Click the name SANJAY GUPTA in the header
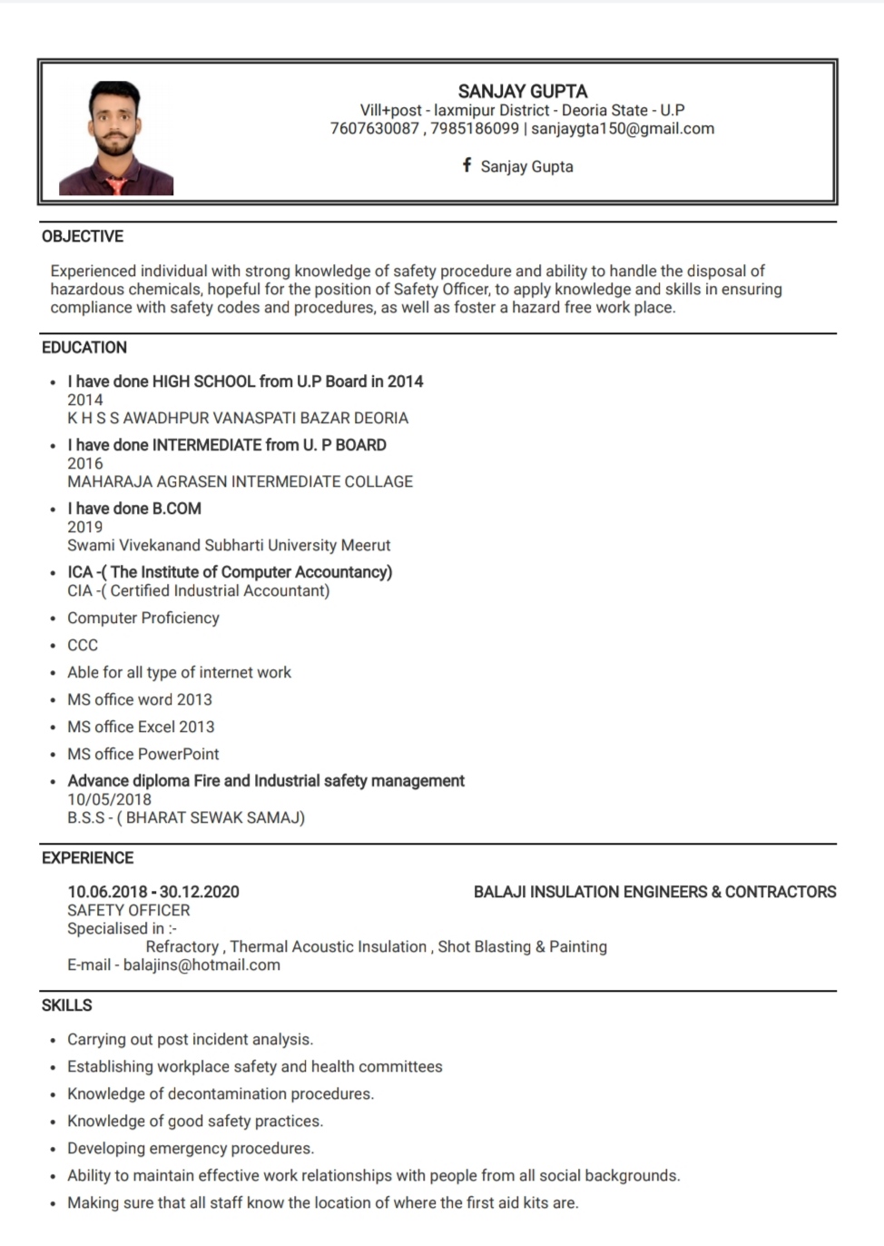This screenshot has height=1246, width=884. (522, 91)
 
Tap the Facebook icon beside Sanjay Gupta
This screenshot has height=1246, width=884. (467, 165)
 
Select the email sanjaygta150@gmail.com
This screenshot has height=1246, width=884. (623, 129)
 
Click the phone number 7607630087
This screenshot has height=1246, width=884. (374, 129)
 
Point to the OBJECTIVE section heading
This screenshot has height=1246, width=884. (83, 236)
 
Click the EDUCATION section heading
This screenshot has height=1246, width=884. (84, 347)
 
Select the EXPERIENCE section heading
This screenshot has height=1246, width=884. (87, 857)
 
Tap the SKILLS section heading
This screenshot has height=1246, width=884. (67, 1005)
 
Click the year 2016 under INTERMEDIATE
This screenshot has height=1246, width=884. (85, 463)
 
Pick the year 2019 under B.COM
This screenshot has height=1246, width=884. (85, 527)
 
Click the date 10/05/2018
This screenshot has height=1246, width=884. (109, 799)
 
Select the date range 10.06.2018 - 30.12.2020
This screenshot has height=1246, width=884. (153, 892)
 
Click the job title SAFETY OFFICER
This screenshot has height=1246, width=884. (129, 910)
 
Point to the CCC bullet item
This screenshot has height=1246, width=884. (83, 645)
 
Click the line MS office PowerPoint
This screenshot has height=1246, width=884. (143, 754)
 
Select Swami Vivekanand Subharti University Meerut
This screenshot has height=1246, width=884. (229, 545)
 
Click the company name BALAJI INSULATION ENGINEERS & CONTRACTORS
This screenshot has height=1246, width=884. (654, 892)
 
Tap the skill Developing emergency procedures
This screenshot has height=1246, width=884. (191, 1148)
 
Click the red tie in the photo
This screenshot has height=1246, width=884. (117, 186)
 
